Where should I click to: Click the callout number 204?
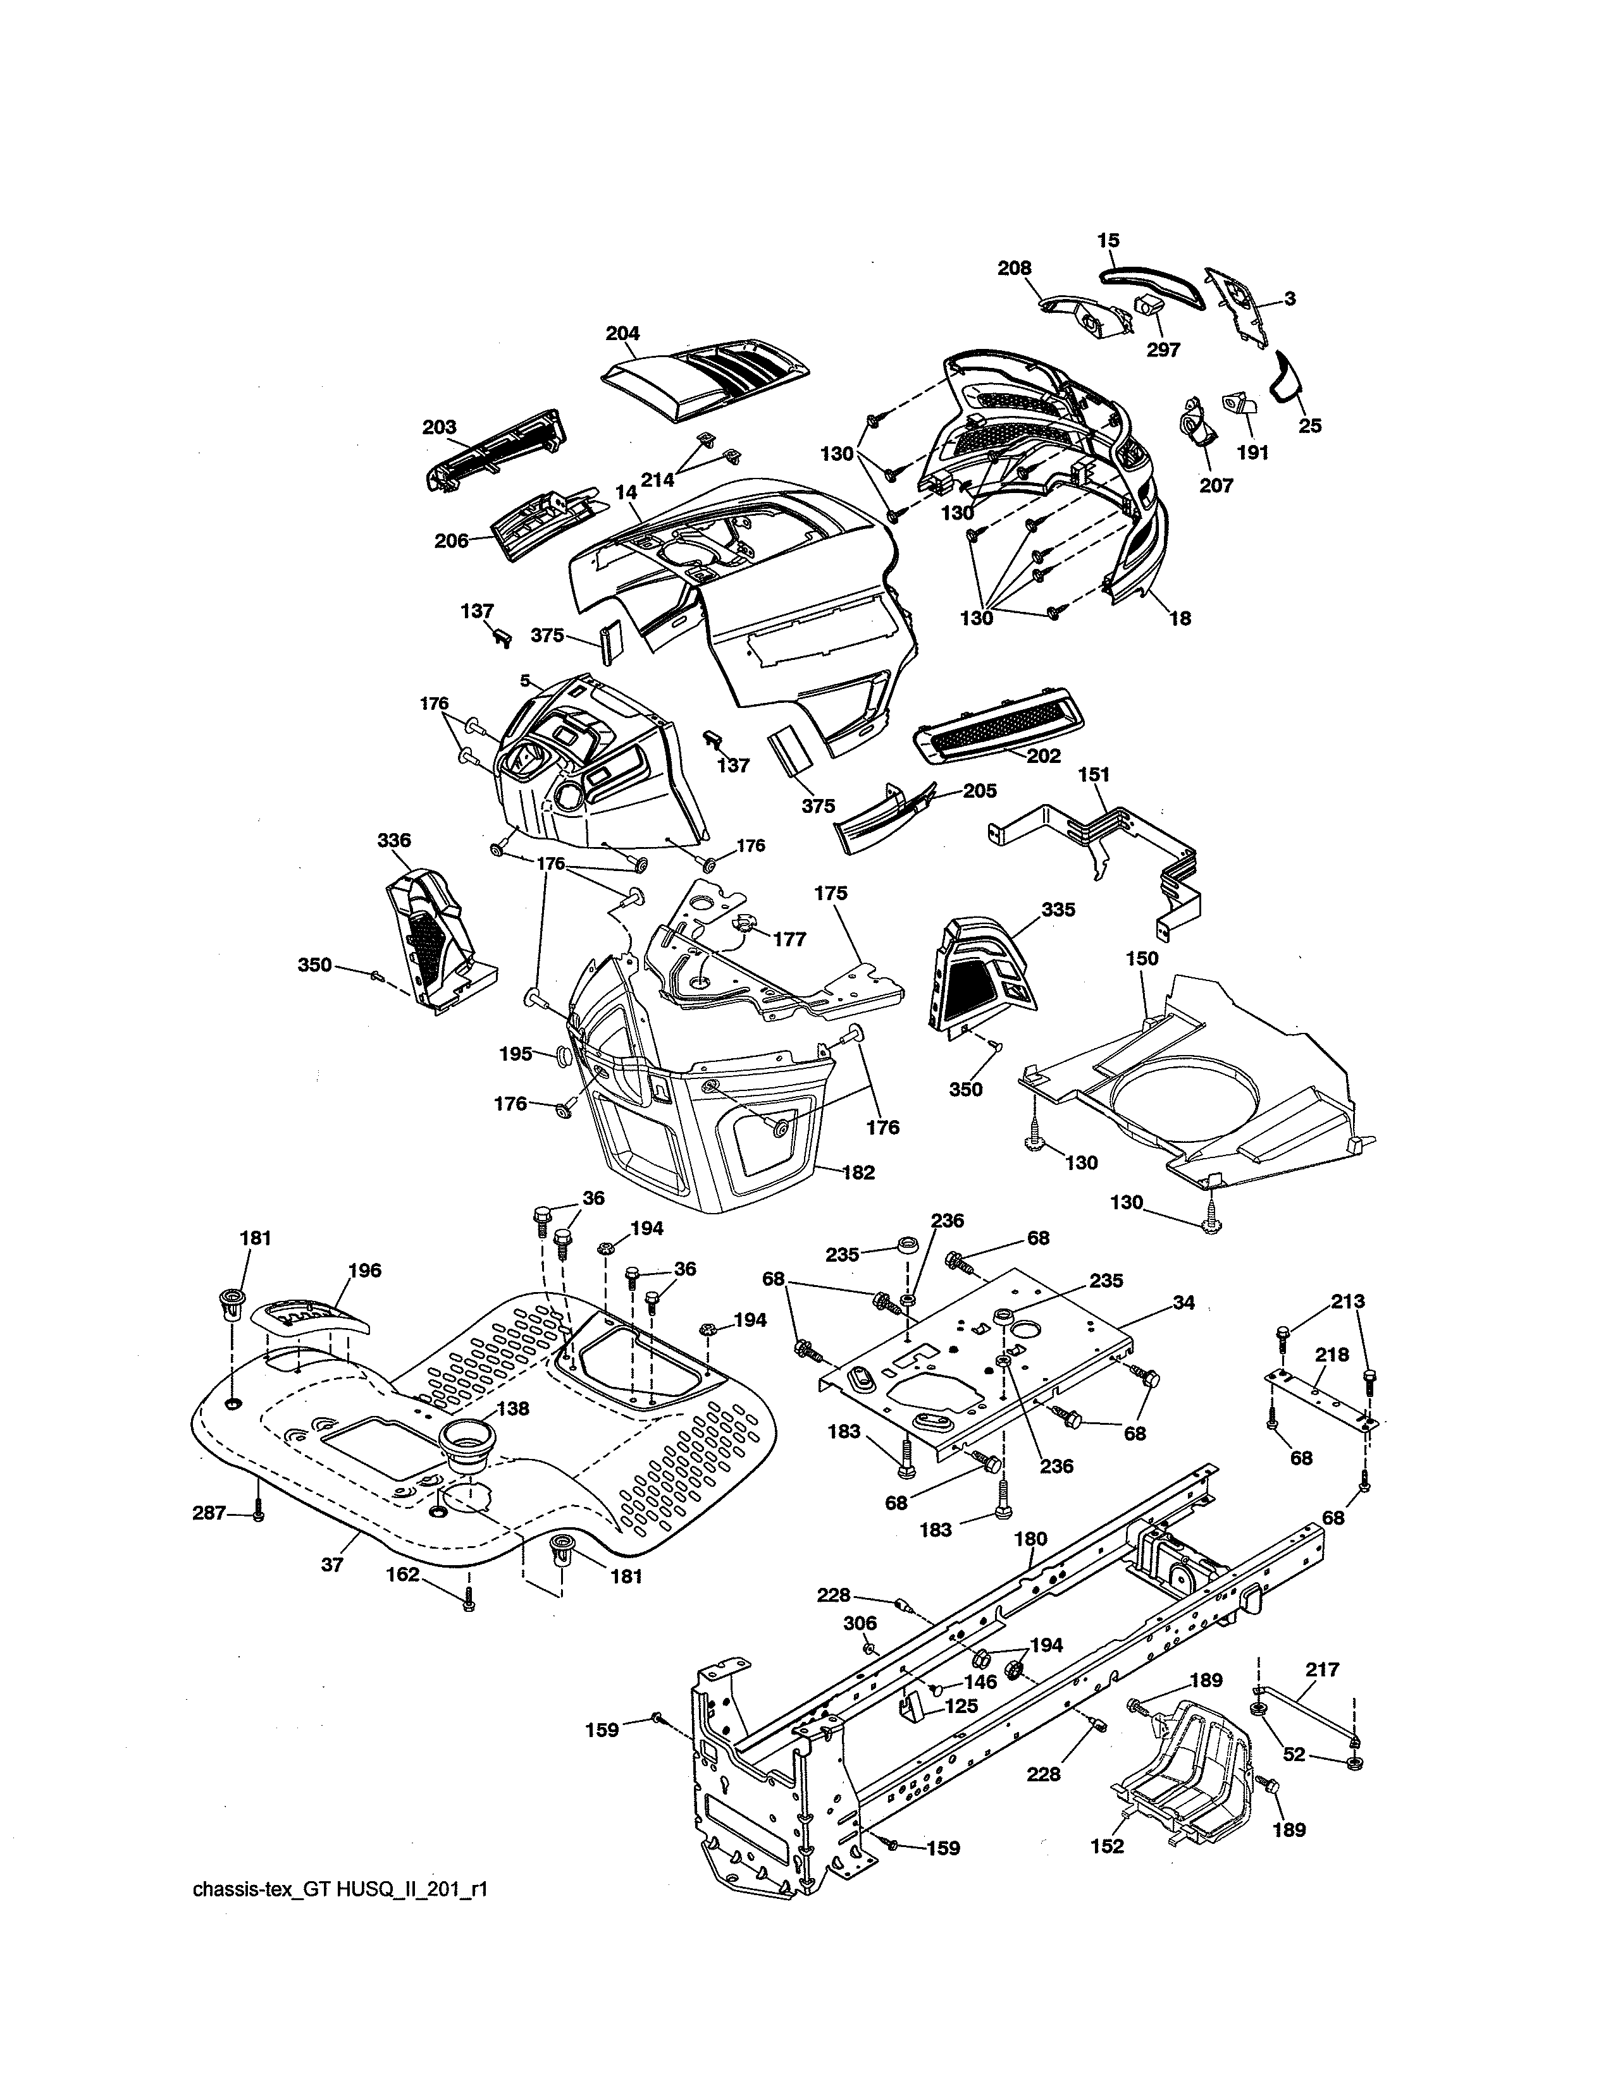click(x=622, y=333)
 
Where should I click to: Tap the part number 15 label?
click(x=1108, y=241)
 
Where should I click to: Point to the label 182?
click(x=858, y=1173)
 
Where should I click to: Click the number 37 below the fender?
click(x=331, y=1566)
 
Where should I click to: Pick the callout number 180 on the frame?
click(x=1030, y=1539)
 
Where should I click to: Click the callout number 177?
click(x=789, y=939)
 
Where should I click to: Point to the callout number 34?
click(x=1183, y=1303)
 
